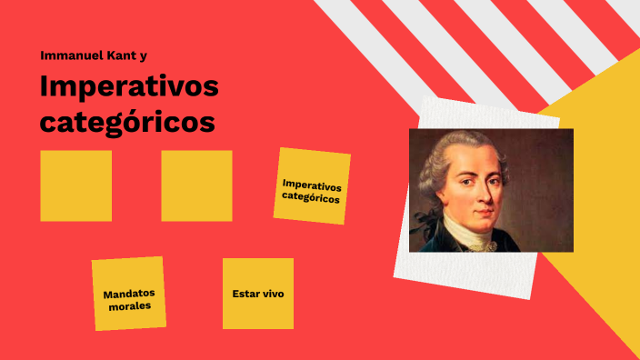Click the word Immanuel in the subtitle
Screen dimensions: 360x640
pos(70,55)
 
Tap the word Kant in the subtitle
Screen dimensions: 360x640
pos(120,55)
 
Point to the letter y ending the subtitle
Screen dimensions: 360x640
pos(144,56)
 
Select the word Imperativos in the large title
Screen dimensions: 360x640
pos(129,89)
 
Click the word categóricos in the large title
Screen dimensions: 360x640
pos(127,122)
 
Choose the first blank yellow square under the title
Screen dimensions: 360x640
pos(76,185)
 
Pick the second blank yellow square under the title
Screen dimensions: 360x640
pos(196,185)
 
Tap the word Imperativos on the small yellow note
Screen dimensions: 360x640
pos(312,186)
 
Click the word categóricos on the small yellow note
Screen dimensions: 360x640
pos(311,198)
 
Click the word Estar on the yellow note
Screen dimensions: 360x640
pos(246,294)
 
